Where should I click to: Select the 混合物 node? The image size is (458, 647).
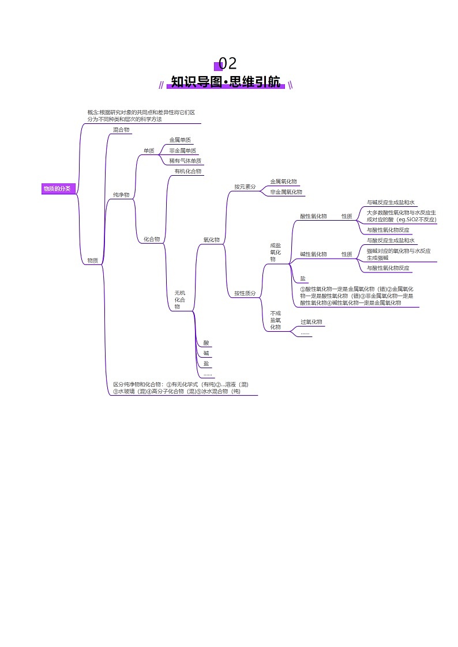click(121, 130)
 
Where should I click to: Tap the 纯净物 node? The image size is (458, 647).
click(121, 195)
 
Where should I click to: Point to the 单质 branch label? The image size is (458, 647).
click(149, 151)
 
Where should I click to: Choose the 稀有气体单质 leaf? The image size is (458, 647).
click(185, 161)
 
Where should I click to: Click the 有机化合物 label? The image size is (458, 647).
click(188, 171)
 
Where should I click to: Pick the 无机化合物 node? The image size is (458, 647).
click(180, 300)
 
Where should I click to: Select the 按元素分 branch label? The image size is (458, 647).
click(245, 187)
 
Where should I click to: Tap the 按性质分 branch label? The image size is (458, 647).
click(245, 293)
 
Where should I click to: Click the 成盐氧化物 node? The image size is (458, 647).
click(276, 252)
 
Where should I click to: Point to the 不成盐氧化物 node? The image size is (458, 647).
click(276, 320)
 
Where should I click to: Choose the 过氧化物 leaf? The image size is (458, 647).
click(311, 322)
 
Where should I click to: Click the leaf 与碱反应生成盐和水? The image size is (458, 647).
click(391, 203)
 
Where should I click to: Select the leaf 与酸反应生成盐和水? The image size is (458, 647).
click(391, 240)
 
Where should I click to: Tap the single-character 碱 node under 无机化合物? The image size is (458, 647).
click(206, 353)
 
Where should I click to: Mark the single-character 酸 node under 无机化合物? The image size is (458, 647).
click(206, 343)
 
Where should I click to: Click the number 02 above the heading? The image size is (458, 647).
click(228, 64)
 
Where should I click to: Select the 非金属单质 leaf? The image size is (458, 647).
click(182, 150)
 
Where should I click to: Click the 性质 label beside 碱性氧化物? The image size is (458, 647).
click(347, 254)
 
